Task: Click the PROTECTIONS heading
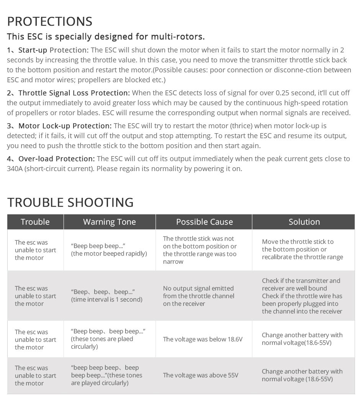click(x=50, y=21)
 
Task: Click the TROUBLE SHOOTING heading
click(x=70, y=202)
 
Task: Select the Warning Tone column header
click(x=110, y=222)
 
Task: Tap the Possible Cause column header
click(x=204, y=222)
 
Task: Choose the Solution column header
click(x=304, y=222)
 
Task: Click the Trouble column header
click(x=35, y=222)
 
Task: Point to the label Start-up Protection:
click(x=53, y=50)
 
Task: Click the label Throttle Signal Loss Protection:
click(x=74, y=93)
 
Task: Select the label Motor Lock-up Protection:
click(x=65, y=126)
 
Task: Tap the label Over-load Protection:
click(x=56, y=159)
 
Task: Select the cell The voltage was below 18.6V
click(x=203, y=339)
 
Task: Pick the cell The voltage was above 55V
click(x=200, y=375)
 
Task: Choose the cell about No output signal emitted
click(x=198, y=296)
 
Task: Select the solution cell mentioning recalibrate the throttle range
click(x=302, y=250)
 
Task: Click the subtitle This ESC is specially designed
click(x=106, y=37)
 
